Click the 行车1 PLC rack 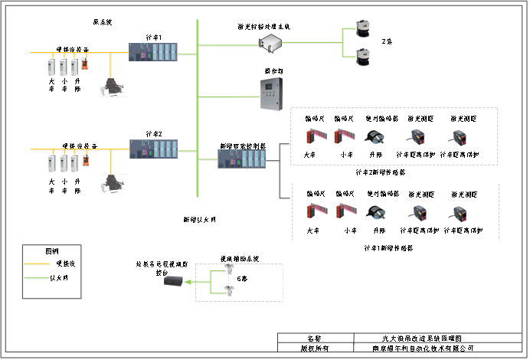[x=154, y=53]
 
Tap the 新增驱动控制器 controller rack [x=242, y=159]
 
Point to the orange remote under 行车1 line [x=88, y=64]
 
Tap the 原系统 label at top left [x=102, y=23]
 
